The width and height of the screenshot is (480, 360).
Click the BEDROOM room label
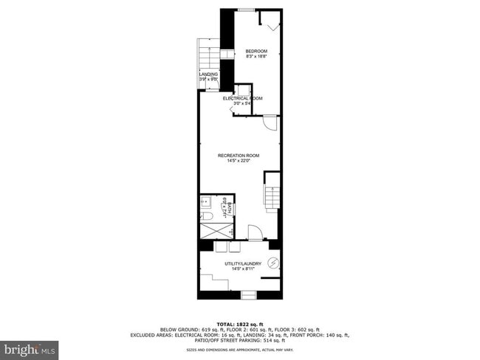[256, 50]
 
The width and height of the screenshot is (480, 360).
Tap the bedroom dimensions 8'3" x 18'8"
[256, 56]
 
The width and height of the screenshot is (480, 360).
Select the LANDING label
[208, 75]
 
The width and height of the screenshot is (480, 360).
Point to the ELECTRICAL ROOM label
[242, 98]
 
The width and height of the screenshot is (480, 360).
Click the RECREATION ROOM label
[239, 155]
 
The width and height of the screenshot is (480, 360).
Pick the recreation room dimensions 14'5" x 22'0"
[239, 161]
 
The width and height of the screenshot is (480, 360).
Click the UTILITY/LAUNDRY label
[242, 263]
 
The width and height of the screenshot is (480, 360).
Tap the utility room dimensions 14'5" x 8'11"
[242, 269]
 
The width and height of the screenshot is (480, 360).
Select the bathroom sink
[206, 201]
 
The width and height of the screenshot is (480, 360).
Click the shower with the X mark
[215, 229]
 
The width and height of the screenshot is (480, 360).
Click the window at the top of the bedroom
[247, 10]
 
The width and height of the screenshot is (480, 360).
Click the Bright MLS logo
[30, 347]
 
